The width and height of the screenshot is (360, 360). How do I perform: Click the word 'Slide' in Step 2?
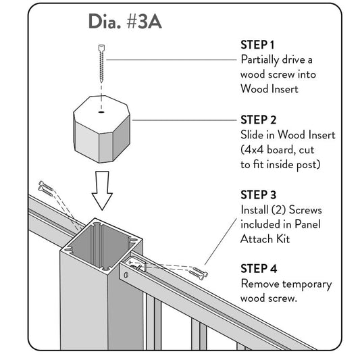(254, 135)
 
